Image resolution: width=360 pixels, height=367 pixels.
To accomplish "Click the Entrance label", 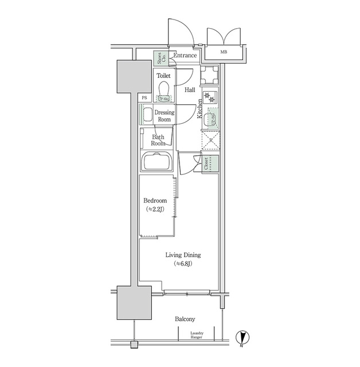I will (186, 56).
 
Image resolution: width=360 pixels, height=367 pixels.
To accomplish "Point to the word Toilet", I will (165, 75).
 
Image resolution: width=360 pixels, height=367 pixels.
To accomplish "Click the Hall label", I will (190, 89).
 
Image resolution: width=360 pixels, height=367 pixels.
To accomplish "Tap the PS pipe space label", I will (144, 98).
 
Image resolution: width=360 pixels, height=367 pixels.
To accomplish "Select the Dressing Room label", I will (165, 116).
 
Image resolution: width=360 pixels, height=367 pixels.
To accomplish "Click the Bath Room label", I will (158, 140).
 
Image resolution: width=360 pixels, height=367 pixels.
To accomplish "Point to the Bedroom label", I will (155, 201).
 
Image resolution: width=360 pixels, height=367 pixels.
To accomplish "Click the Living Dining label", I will (183, 255).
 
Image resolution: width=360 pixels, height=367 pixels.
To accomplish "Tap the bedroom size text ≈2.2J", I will (155, 209).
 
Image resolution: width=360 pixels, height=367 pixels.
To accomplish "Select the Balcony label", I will (185, 319).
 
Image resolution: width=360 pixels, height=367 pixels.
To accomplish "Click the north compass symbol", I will (243, 339).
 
